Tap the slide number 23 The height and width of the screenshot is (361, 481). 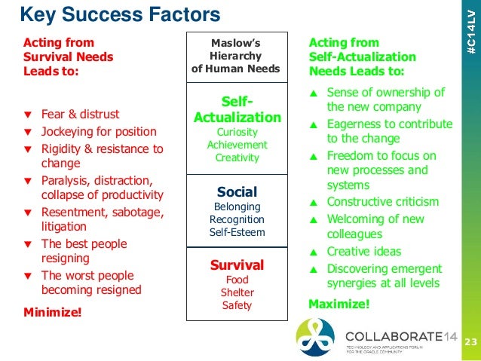click(x=470, y=343)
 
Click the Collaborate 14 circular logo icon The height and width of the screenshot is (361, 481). click(x=316, y=336)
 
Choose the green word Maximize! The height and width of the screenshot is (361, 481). click(x=339, y=304)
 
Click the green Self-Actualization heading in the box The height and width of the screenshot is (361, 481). click(x=237, y=109)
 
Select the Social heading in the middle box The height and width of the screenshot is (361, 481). click(x=237, y=191)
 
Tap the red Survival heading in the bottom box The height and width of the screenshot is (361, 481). click(x=237, y=265)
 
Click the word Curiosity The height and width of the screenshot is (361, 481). click(x=237, y=131)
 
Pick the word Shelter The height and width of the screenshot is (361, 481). click(x=237, y=292)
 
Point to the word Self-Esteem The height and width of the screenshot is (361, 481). click(x=237, y=232)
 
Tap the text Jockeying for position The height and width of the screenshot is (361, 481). click(x=99, y=132)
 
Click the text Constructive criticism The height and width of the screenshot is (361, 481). click(x=382, y=202)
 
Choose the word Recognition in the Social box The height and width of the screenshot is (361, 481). click(x=237, y=219)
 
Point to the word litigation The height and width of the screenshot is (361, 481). click(x=63, y=226)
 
